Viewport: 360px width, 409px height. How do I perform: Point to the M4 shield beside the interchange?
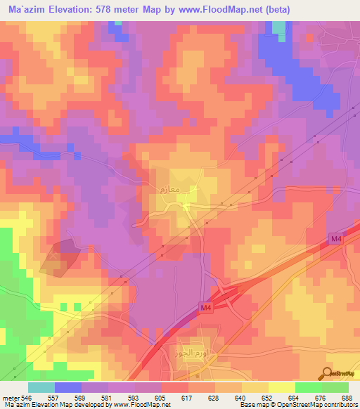[204, 308]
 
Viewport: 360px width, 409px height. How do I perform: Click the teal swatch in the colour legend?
[41, 387]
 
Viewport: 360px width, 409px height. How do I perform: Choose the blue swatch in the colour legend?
[68, 387]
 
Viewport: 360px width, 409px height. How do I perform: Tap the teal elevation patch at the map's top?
[280, 29]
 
